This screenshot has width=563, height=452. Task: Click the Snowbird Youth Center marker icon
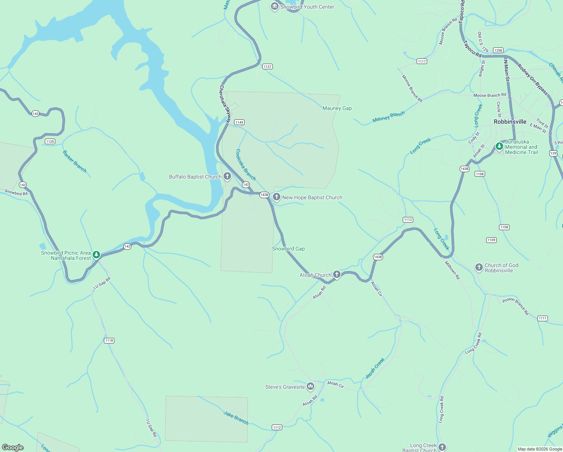click(x=275, y=6)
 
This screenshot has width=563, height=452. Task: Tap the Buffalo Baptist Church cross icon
click(x=227, y=176)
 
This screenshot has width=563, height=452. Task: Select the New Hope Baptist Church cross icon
click(x=277, y=197)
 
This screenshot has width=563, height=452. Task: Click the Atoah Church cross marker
click(x=337, y=275)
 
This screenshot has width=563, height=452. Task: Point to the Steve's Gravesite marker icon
click(x=310, y=386)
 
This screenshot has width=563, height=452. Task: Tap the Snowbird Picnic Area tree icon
click(x=96, y=255)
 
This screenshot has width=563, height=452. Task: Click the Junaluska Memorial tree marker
click(x=499, y=146)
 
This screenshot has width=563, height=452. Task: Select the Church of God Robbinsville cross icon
click(x=479, y=267)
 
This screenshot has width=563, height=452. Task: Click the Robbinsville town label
click(x=510, y=122)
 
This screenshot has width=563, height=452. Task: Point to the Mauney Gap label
click(x=337, y=108)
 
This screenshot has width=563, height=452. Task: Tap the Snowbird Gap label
click(x=288, y=249)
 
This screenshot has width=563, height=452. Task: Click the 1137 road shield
click(x=268, y=67)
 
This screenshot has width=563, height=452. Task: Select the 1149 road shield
click(x=239, y=122)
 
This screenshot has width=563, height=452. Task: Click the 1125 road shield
click(x=50, y=142)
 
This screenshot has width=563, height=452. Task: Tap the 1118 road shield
click(x=109, y=341)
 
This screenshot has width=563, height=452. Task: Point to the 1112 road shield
click(x=277, y=427)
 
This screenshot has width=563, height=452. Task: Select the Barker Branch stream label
click(x=75, y=162)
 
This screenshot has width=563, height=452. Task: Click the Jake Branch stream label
click(x=236, y=418)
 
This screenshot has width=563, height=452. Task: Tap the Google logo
click(x=13, y=447)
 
